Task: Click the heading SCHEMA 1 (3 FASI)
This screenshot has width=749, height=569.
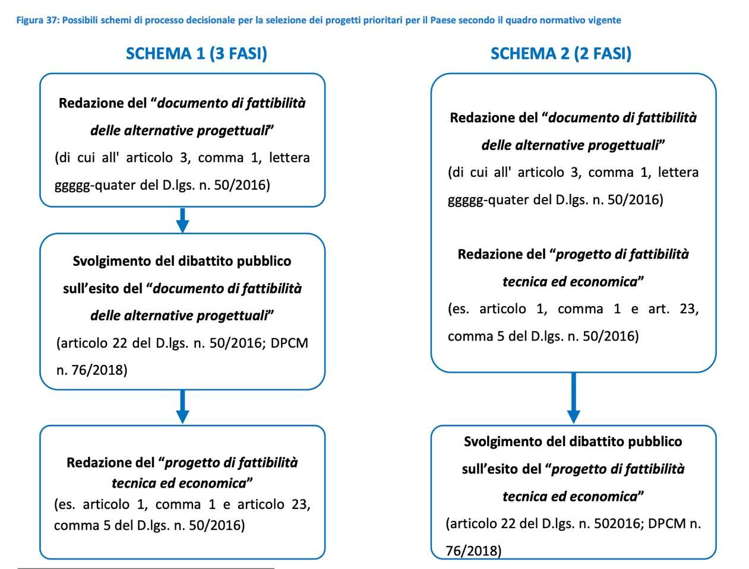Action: (x=196, y=54)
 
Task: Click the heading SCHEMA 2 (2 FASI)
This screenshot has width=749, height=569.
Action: (x=561, y=54)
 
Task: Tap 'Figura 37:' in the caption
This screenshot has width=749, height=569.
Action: (x=37, y=20)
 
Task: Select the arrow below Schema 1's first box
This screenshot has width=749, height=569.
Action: (x=182, y=220)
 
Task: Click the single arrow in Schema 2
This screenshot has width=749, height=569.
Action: (x=573, y=398)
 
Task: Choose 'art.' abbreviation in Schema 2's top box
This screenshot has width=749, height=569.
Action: (x=658, y=309)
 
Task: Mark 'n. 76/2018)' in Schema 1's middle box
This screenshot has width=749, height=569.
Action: (x=92, y=370)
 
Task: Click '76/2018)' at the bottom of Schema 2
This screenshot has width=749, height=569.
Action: (x=473, y=551)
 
